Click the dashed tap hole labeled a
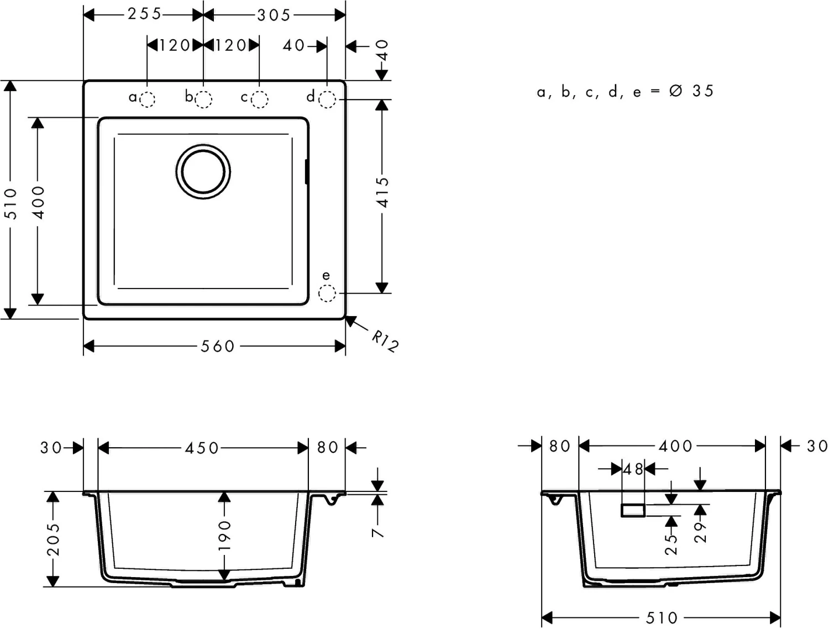(147, 99)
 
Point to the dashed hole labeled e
(327, 293)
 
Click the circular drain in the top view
(203, 172)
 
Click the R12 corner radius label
(385, 340)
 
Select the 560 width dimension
(218, 347)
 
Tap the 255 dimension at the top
(145, 14)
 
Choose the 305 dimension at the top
(274, 15)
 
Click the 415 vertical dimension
(382, 192)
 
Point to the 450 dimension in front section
(202, 448)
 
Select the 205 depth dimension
(53, 539)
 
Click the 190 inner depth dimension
(224, 535)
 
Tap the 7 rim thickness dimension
(377, 532)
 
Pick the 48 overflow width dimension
(633, 469)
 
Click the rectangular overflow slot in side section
(633, 510)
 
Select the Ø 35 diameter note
(691, 91)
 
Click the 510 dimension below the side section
(662, 617)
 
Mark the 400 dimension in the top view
(38, 202)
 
